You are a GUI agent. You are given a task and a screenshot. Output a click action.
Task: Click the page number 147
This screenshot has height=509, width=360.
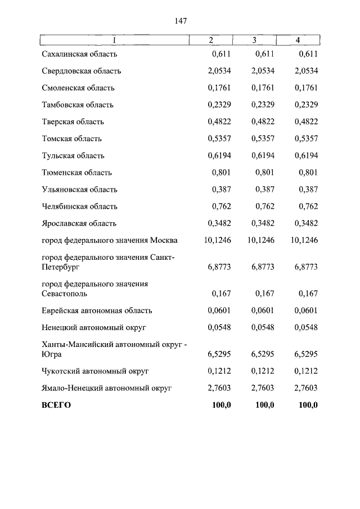(180, 21)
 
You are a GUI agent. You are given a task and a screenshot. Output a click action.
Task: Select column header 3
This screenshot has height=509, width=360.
(254, 40)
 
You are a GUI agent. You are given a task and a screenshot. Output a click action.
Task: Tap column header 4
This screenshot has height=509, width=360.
(298, 40)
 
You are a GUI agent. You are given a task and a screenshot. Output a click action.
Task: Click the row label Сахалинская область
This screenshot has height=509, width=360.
(79, 55)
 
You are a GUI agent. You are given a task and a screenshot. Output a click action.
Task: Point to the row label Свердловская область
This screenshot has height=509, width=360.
(81, 71)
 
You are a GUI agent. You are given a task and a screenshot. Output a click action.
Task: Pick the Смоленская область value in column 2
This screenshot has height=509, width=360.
(219, 88)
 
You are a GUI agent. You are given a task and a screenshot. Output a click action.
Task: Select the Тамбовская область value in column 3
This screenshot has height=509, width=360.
(263, 105)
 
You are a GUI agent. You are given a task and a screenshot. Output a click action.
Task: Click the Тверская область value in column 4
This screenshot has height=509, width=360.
(306, 122)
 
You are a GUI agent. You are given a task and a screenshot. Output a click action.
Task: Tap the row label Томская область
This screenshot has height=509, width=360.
(71, 139)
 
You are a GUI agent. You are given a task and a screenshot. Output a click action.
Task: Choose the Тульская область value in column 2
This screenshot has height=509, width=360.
(219, 156)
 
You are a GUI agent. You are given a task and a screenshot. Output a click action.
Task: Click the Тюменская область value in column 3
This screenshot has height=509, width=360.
(264, 173)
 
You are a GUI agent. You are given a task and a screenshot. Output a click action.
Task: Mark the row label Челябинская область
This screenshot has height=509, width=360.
(79, 206)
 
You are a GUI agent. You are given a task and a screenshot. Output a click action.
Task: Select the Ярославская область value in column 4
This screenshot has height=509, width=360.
(306, 223)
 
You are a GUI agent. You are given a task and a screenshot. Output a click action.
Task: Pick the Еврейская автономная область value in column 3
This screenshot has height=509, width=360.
(263, 310)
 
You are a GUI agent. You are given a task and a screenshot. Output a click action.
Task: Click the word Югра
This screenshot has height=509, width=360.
(52, 355)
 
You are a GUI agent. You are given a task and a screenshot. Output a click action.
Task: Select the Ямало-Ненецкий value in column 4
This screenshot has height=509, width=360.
(306, 388)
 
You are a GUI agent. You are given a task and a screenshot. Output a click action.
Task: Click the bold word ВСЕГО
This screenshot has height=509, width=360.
(56, 405)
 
